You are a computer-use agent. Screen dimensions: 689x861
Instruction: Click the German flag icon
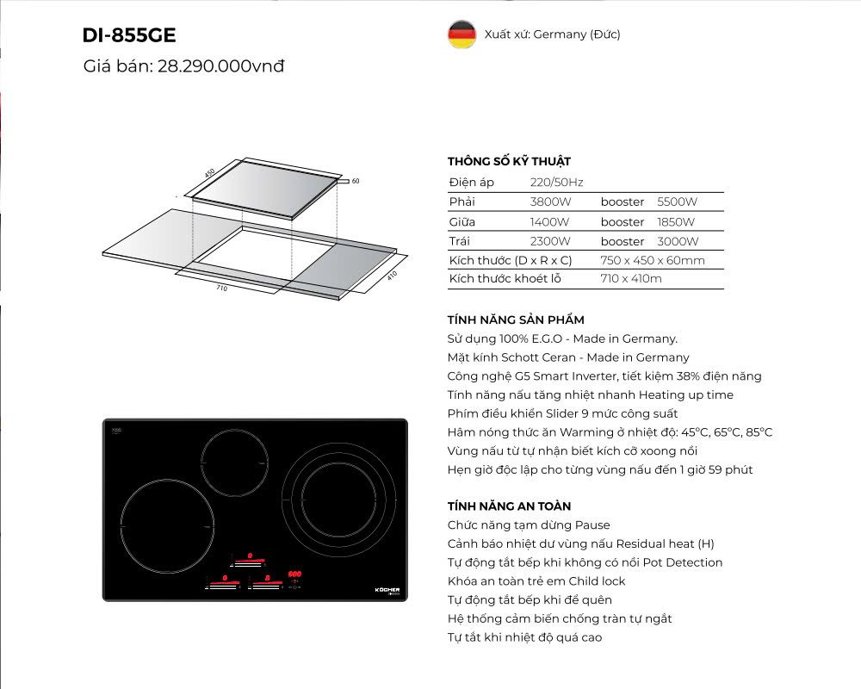461,34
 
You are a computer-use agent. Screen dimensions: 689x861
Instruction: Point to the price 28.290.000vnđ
221,66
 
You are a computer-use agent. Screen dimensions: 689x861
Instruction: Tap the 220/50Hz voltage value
556,183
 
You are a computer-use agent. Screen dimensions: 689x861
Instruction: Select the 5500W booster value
677,202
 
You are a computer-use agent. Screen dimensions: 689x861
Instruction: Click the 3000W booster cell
678,241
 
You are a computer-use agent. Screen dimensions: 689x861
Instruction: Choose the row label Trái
461,241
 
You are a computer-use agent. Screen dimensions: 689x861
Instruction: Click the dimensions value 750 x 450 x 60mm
653,260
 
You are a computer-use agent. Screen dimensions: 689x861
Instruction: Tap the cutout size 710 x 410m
631,279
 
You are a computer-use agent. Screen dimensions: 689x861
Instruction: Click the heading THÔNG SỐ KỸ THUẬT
509,161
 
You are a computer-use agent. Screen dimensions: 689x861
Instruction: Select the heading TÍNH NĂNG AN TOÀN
509,506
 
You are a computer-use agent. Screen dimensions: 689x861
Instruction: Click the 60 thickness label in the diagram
355,181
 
